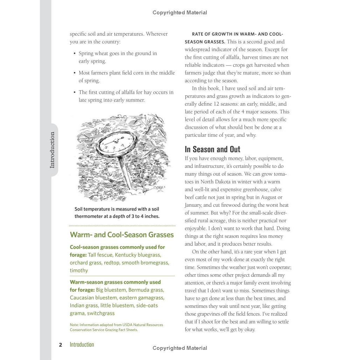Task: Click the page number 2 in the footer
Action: (x=61, y=345)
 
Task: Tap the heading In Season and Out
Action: (x=212, y=149)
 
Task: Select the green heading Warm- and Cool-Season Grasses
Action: (x=122, y=235)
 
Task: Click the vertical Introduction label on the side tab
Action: (x=52, y=150)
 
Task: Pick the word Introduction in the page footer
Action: (x=82, y=345)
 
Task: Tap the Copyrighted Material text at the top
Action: (x=180, y=13)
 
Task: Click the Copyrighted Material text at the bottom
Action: (x=180, y=348)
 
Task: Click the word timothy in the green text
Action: (x=79, y=270)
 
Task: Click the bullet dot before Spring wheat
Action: (x=75, y=54)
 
